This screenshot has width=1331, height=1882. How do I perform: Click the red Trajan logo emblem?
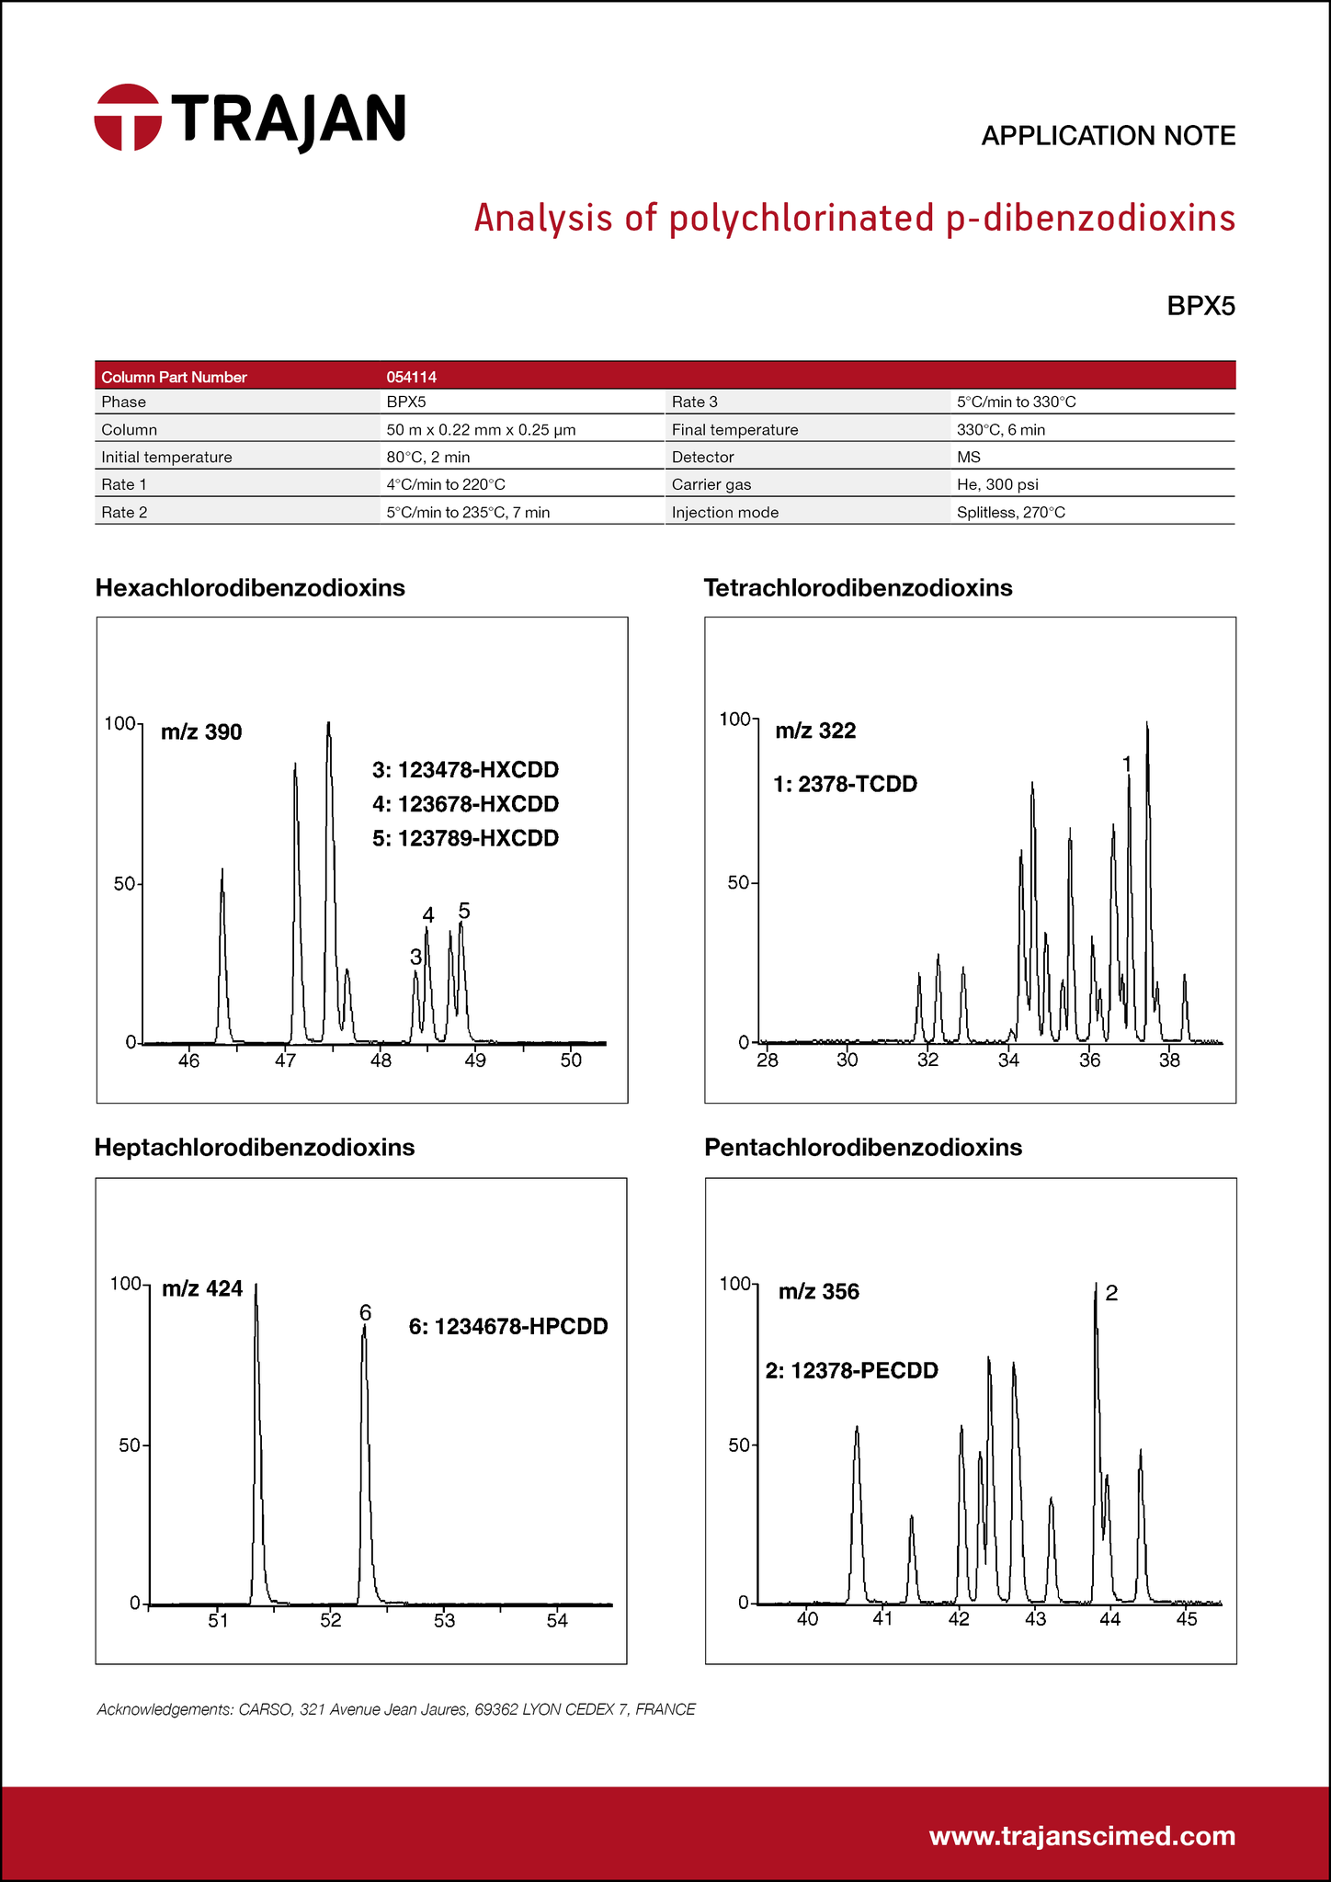128,117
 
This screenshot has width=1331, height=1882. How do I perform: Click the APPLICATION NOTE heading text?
1108,136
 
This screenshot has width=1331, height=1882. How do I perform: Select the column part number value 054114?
411,377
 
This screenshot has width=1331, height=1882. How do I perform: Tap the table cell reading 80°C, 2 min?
428,457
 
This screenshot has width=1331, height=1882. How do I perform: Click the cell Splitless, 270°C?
1010,512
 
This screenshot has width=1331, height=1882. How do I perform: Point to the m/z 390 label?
201,732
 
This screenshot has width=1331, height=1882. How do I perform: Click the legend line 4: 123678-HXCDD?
465,804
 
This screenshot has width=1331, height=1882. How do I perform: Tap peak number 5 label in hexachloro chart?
464,911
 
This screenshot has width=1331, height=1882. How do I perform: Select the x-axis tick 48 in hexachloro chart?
381,1060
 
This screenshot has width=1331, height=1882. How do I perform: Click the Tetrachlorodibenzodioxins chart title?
858,588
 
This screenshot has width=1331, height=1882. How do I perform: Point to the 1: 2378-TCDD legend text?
846,784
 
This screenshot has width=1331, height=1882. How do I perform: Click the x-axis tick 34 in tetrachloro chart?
1009,1060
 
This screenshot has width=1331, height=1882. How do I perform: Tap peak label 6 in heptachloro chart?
365,1311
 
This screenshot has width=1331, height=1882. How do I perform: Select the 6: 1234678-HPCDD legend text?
508,1326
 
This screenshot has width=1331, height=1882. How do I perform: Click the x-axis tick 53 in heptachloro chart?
444,1621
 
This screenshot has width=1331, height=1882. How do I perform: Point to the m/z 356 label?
818,1291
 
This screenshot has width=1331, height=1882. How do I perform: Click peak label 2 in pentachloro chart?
1111,1293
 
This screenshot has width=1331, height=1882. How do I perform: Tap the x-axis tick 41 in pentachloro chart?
883,1619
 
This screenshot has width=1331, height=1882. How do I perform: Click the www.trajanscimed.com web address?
1082,1836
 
